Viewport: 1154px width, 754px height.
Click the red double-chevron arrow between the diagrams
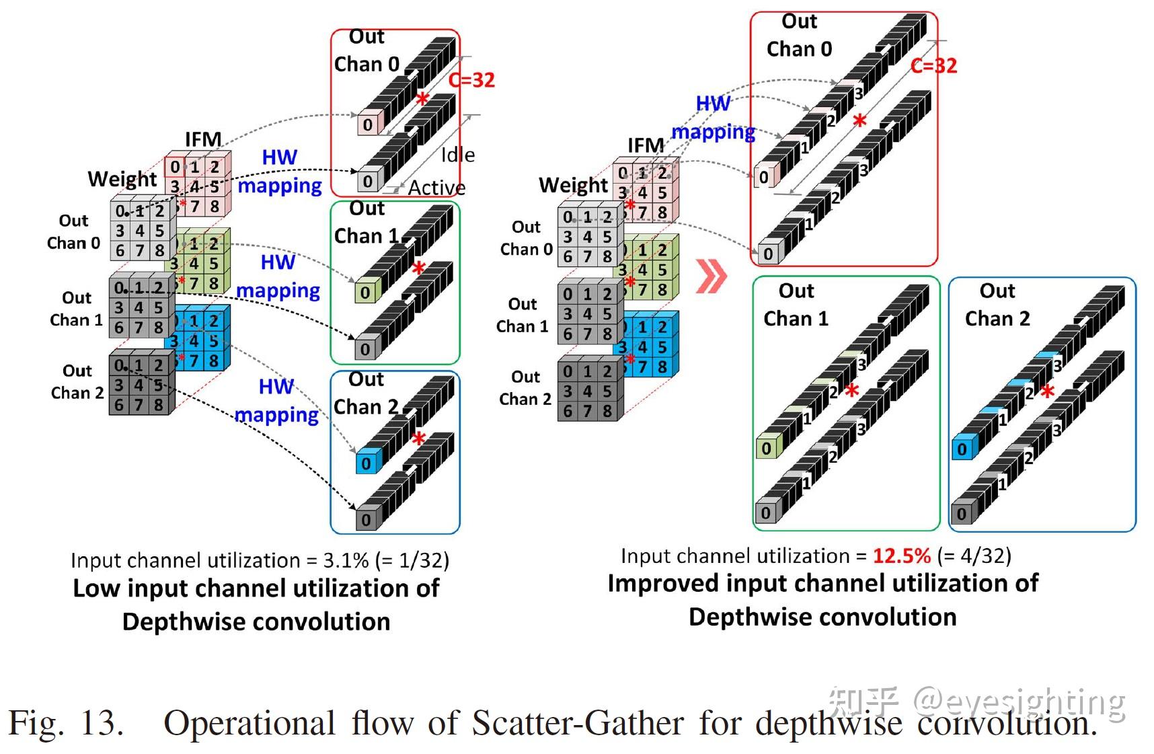711,276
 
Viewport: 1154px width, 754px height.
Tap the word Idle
457,155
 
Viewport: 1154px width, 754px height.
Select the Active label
436,188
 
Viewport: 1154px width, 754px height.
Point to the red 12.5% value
901,556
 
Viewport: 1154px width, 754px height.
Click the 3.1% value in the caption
346,560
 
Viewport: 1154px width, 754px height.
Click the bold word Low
97,589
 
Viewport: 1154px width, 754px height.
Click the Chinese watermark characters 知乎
863,702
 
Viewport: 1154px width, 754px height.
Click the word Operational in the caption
249,724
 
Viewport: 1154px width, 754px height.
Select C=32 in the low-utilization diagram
471,80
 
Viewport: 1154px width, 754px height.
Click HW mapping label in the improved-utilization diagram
714,118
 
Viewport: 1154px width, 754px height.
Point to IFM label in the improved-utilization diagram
646,145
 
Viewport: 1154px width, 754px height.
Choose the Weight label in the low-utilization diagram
122,179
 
